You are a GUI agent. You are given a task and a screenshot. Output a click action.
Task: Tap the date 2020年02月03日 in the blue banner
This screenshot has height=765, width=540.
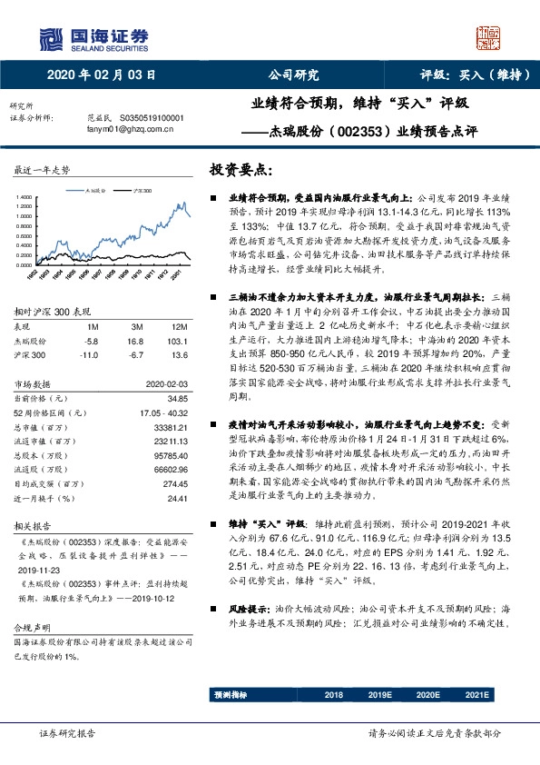click(x=102, y=76)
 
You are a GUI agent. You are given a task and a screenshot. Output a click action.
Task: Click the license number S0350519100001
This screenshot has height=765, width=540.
click(x=146, y=118)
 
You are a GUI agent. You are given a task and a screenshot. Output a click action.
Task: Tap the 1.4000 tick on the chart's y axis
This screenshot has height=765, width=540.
click(x=25, y=197)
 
